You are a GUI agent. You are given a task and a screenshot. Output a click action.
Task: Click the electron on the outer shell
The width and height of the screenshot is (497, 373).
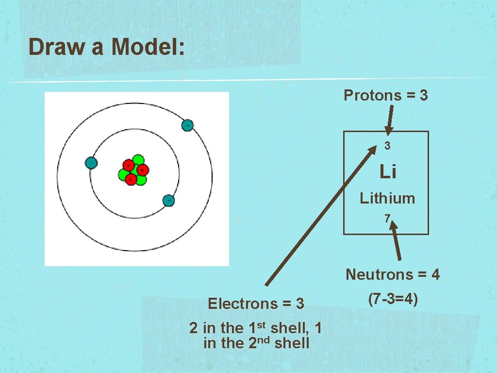[187, 125]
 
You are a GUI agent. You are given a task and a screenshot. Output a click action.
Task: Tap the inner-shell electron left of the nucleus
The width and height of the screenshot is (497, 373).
[91, 163]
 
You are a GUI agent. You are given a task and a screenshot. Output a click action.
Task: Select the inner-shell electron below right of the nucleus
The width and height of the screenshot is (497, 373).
[168, 200]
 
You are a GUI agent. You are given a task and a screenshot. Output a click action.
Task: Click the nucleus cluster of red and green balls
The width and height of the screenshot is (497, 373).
[133, 170]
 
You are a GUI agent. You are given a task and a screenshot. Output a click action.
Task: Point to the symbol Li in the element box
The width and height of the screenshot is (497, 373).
[387, 171]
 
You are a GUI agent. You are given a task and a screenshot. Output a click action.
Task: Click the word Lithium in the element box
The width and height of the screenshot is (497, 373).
[387, 198]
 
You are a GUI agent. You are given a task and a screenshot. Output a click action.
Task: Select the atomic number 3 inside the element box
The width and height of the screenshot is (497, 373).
[387, 145]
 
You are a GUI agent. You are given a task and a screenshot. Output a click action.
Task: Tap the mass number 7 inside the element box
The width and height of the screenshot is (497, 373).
[387, 220]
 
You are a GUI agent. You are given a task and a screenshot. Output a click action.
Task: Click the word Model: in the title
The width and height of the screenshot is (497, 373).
[148, 47]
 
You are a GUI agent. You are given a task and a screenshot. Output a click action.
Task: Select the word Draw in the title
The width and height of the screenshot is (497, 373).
[54, 47]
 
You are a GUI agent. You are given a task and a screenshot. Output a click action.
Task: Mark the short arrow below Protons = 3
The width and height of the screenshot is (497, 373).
[391, 119]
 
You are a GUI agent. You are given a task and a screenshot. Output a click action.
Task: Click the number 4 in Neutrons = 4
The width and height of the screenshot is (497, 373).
[435, 275]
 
